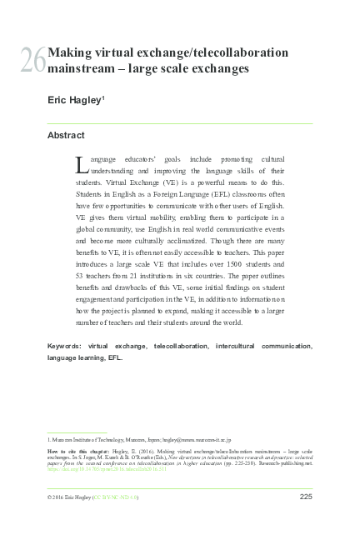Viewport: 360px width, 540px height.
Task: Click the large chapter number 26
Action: pos(34,61)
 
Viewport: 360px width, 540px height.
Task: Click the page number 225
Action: pos(305,497)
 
